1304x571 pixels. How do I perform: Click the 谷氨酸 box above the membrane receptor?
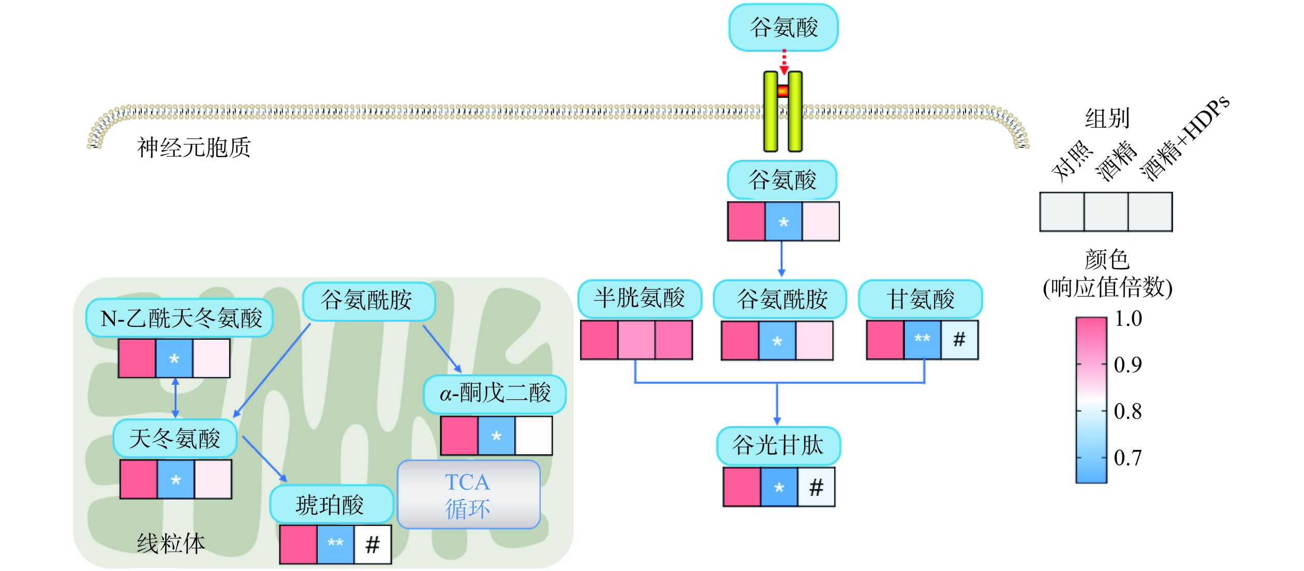coord(783,27)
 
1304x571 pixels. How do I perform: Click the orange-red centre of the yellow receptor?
coord(783,92)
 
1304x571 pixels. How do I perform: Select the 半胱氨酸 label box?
coord(640,298)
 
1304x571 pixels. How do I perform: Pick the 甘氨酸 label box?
coord(920,299)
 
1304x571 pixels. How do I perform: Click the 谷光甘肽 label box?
coord(778,445)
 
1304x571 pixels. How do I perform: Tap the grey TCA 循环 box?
coord(468,494)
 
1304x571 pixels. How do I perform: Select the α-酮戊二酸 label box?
coord(495,394)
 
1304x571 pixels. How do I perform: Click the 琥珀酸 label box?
coord(331,504)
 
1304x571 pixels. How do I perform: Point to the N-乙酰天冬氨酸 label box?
coord(180,318)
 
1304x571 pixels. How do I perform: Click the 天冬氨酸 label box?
coord(175,439)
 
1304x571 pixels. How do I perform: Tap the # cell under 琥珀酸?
coord(373,544)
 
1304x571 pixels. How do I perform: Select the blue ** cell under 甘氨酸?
coord(922,339)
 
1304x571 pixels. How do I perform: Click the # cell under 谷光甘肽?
coord(816,487)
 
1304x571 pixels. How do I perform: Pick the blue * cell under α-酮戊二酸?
coord(496,435)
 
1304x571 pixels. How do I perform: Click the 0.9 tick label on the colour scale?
coord(1128,365)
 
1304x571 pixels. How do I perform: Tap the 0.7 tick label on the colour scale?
coord(1128,458)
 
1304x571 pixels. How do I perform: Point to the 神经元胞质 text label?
coord(194,147)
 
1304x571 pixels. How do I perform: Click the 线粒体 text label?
coord(171,544)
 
